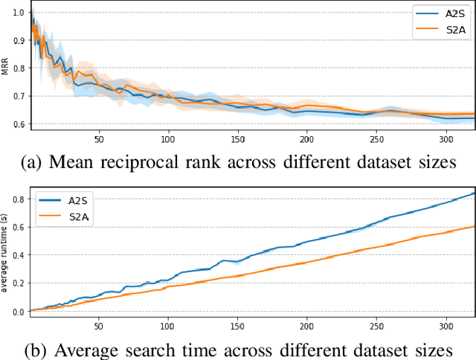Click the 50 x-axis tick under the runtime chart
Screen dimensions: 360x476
(x=99, y=326)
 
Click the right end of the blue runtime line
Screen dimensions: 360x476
(x=474, y=193)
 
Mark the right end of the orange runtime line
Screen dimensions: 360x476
(x=474, y=227)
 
